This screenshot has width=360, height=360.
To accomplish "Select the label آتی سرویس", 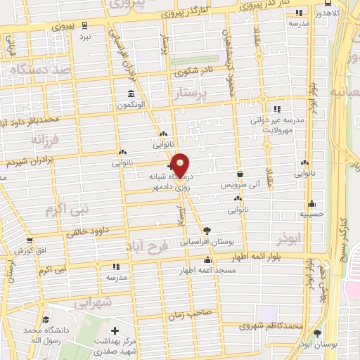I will coord(241,184).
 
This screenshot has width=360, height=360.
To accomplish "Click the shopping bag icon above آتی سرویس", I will coord(241,174).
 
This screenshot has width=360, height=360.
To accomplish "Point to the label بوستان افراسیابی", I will coord(207,240).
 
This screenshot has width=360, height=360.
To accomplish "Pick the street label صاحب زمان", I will coord(186,316).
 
